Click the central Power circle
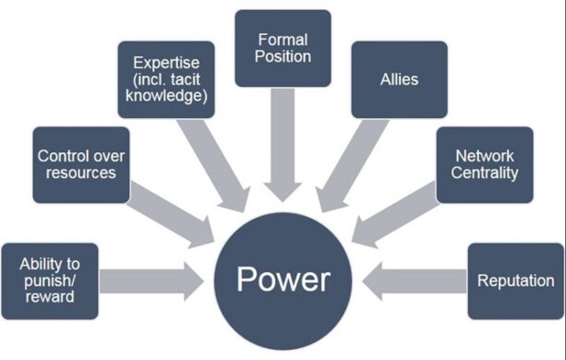283,278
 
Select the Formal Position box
283,48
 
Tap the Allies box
398,79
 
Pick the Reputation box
515,281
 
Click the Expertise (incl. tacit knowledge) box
167,79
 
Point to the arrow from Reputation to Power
415,280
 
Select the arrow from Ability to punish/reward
150,280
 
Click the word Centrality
486,173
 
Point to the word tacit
191,79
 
